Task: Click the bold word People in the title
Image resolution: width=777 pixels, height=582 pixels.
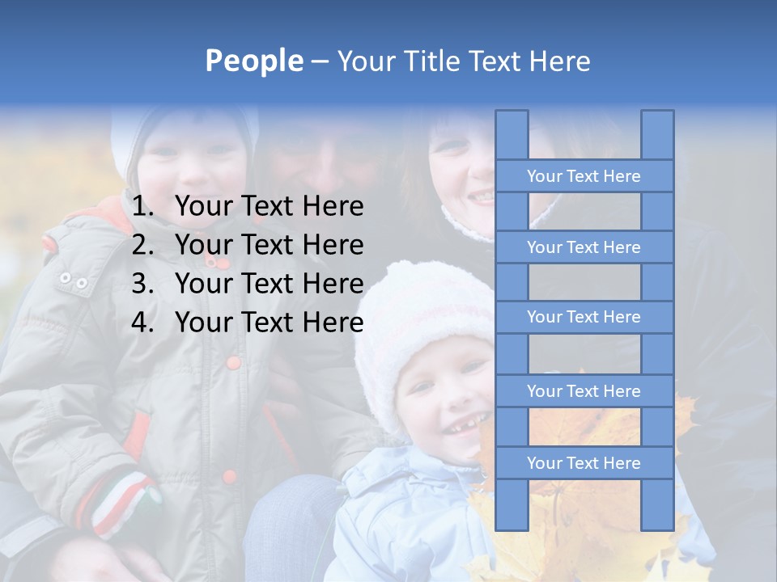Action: point(254,61)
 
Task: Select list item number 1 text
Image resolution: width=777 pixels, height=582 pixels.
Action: point(269,207)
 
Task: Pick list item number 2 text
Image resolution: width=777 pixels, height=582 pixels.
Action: point(269,245)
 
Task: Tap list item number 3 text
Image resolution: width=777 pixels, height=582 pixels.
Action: point(269,284)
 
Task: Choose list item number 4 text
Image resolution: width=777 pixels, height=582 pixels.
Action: point(269,323)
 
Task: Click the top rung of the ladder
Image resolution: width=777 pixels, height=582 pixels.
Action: point(584,176)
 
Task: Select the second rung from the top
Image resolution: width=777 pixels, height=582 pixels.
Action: point(584,247)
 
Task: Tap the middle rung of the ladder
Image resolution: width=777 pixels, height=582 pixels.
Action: point(584,318)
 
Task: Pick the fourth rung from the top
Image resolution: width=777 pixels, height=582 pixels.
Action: point(584,391)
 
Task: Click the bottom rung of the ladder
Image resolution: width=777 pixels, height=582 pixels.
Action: point(584,463)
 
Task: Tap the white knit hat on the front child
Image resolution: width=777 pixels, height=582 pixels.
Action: point(421,315)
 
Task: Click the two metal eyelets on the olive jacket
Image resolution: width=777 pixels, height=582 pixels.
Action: point(74,281)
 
